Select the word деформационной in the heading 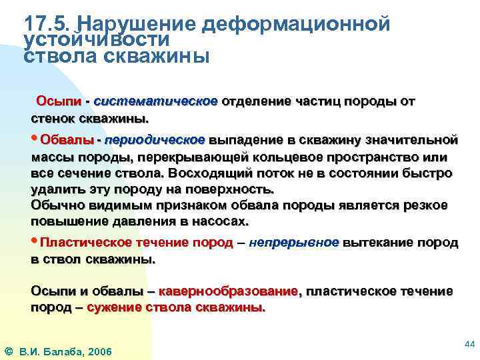[295, 24]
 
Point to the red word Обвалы [67, 140]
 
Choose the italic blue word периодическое [154, 140]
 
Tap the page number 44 [469, 343]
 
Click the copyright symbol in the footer [9, 351]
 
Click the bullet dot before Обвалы [35, 139]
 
